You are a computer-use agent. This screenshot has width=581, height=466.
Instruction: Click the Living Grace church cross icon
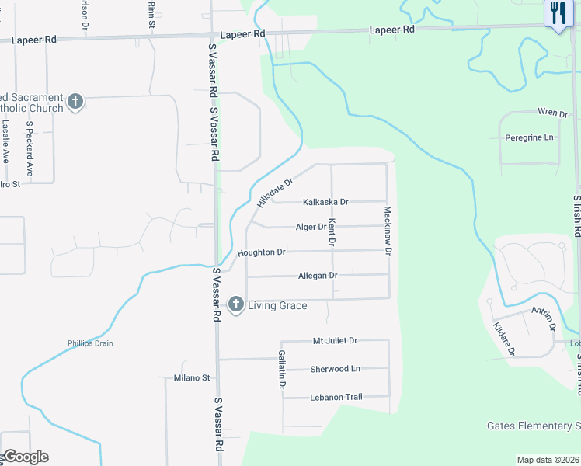coord(236,304)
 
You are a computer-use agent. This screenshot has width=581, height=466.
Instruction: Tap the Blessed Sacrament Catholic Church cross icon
coord(75,102)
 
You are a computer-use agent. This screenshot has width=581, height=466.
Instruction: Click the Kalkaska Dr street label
coord(325,202)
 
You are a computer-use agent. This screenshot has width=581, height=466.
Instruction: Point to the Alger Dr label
coord(311,227)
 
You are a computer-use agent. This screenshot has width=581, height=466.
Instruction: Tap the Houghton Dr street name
coord(262,252)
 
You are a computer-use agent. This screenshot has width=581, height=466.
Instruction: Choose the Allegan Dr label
coord(318,276)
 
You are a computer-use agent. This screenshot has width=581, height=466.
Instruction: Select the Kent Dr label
coord(332,233)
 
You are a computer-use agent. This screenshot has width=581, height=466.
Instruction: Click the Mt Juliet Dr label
coord(335,340)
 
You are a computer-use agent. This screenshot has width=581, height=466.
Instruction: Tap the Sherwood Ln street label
coord(335,369)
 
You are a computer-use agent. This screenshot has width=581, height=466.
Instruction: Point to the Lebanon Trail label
coord(336,397)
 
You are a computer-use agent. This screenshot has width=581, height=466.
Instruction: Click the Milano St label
coord(191,378)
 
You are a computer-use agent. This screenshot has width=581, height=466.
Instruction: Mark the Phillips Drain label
coord(88,344)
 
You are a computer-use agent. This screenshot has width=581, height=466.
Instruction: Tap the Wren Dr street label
coord(552,113)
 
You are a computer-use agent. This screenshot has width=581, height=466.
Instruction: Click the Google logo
coord(25,457)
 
